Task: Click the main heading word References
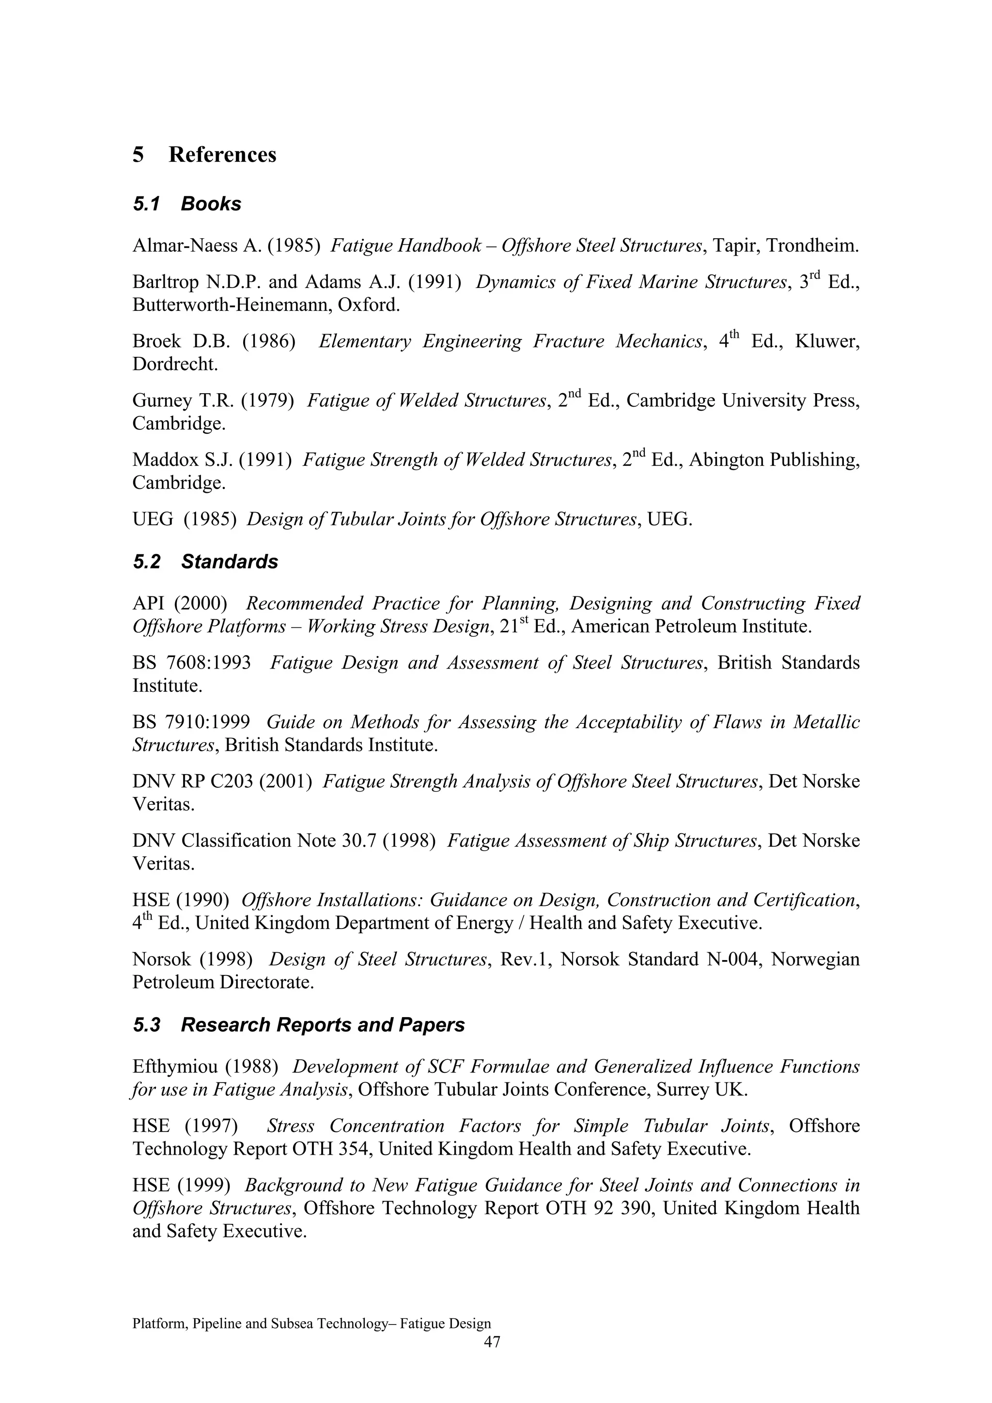tap(222, 154)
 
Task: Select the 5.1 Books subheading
tap(187, 204)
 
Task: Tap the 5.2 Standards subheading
tap(205, 562)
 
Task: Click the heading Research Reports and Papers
tap(323, 1025)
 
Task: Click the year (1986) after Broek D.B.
tap(269, 342)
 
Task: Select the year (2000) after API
tap(201, 604)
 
